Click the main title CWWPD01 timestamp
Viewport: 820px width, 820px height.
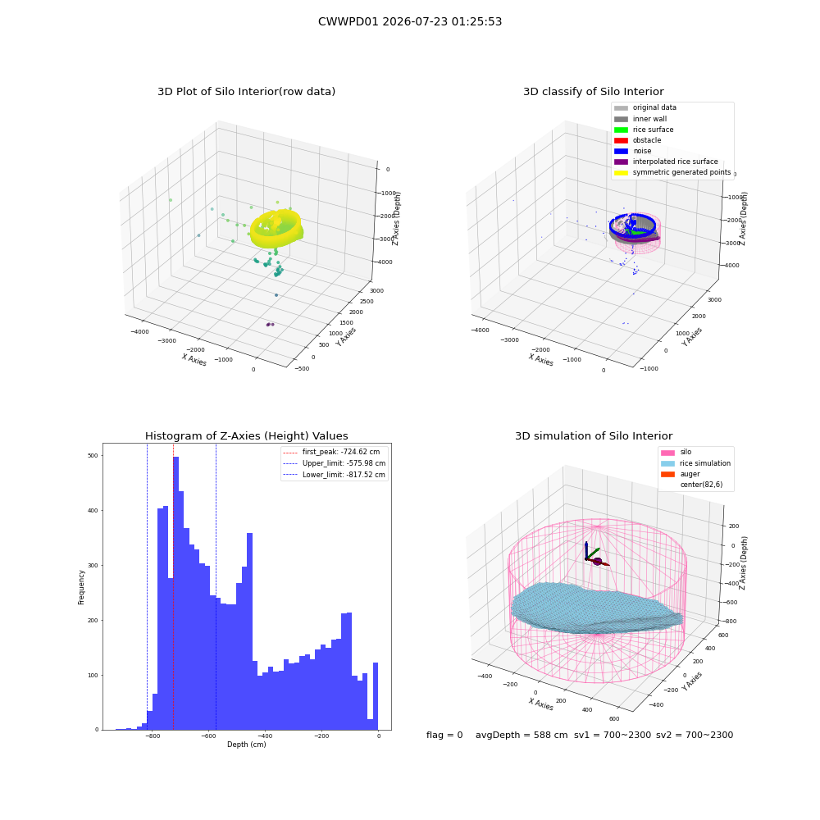coord(410,21)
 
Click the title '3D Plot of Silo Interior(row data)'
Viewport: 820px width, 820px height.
coord(246,92)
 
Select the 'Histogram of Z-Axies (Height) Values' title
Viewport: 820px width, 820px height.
coord(246,435)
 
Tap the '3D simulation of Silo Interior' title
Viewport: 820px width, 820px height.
coord(594,435)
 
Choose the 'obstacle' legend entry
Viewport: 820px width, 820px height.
coord(637,140)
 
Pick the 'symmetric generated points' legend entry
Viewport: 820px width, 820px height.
coord(672,172)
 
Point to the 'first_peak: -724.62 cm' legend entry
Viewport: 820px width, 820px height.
coord(331,452)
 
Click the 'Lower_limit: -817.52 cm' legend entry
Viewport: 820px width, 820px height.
coord(335,475)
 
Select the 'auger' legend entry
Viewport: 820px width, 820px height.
coord(681,474)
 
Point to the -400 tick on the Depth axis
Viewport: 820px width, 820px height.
coord(265,736)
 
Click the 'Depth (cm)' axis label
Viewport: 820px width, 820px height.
coord(247,745)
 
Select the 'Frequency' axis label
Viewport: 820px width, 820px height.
coord(81,587)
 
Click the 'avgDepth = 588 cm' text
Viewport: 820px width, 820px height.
coord(522,735)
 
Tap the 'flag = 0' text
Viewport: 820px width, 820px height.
coord(444,735)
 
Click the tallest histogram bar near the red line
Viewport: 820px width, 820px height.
coord(176,593)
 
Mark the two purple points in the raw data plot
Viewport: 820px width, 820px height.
coord(271,324)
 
